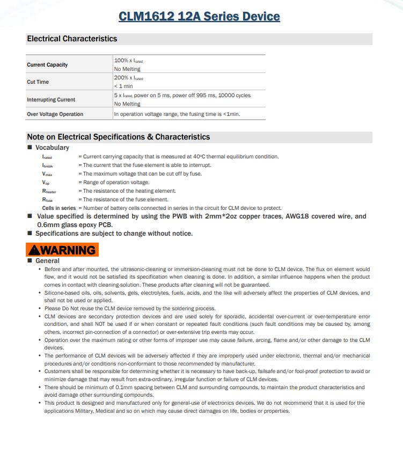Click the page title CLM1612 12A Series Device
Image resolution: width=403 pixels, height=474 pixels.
coord(199,16)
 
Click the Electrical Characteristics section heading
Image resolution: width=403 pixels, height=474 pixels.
coord(72,39)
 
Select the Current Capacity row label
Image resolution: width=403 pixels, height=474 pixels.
coord(47,65)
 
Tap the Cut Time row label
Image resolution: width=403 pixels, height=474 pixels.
coord(38,82)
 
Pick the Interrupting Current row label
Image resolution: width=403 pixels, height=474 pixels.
coord(51,100)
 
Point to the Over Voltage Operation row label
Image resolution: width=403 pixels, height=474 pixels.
coord(55,114)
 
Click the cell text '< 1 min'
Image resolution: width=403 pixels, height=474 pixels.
coord(123,86)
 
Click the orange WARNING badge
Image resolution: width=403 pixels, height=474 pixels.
coord(62,250)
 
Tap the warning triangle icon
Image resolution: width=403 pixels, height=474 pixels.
coord(34,250)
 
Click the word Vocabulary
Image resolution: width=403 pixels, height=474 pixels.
coord(52,148)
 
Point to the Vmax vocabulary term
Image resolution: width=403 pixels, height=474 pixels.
coord(47,174)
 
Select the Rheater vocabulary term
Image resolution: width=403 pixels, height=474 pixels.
coord(49,191)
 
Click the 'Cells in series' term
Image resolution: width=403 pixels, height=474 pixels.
coord(59,208)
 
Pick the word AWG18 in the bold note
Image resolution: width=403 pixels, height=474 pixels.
coord(294,216)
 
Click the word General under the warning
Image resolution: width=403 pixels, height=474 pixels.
coord(47,261)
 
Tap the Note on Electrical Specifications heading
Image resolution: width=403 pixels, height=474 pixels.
coord(118,137)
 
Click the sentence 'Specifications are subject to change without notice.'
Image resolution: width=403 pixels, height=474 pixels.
coord(114,234)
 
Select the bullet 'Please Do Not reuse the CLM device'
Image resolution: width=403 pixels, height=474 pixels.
coord(130,309)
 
